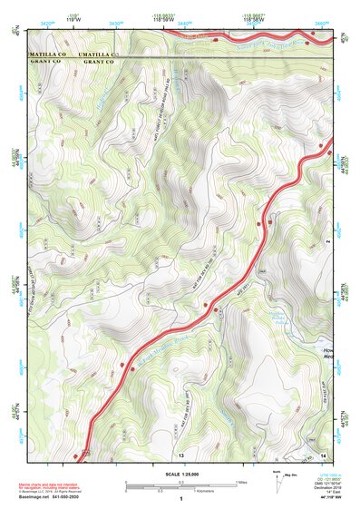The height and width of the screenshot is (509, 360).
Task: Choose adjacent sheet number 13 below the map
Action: [x=181, y=453]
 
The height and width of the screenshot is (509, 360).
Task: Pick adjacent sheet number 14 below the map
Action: [x=323, y=453]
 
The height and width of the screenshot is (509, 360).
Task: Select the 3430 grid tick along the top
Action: [x=115, y=19]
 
